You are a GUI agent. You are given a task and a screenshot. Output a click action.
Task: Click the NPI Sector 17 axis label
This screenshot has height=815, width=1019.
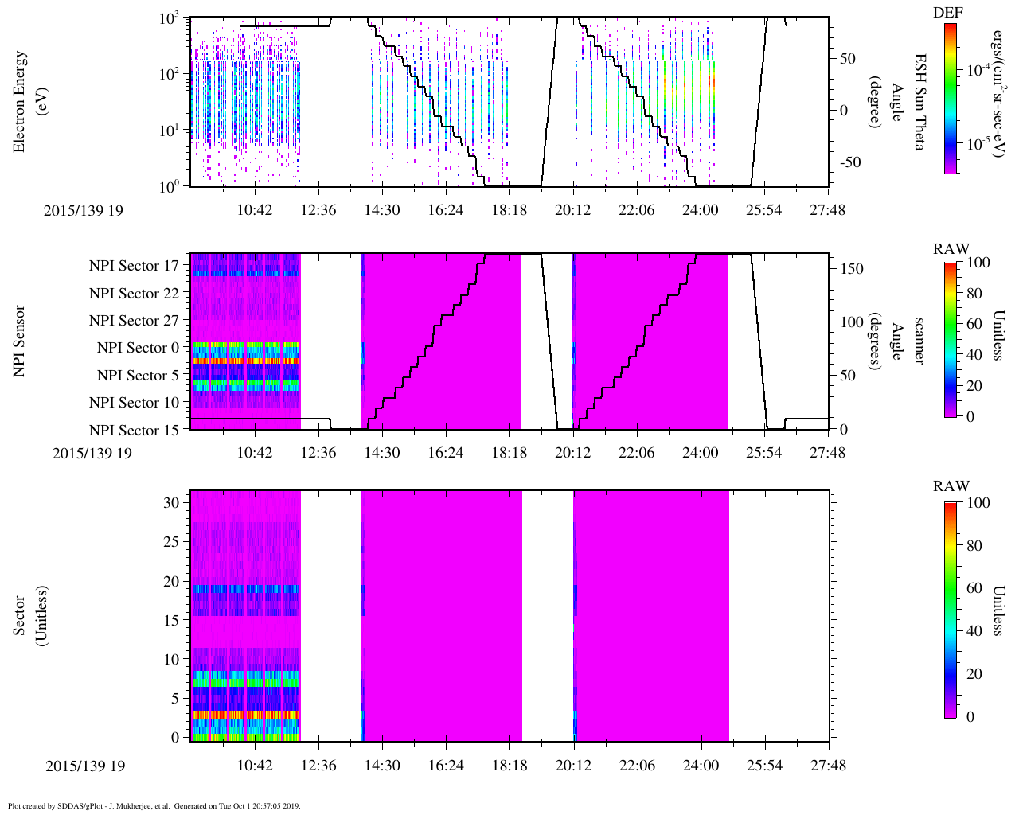pos(134,266)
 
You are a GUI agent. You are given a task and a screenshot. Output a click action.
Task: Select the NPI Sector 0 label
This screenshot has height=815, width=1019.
pos(139,348)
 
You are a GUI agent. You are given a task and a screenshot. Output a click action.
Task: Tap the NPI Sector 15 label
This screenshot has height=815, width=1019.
pos(134,431)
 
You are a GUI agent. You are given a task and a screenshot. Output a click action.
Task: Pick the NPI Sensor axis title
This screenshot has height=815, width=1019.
pos(20,341)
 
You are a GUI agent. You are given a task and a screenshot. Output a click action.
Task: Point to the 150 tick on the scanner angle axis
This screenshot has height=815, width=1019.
pos(853,269)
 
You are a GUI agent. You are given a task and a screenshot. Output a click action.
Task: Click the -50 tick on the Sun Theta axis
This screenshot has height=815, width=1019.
pos(851,162)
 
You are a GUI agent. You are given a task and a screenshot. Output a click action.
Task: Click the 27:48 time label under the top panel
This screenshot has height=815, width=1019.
pos(828,210)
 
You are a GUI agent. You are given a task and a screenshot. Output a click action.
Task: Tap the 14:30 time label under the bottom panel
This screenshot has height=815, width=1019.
pos(382,766)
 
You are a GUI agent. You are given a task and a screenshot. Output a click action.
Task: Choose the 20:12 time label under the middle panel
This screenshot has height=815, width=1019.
pos(573,453)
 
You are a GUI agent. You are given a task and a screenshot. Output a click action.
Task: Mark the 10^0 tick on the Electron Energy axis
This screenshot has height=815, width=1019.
pos(170,185)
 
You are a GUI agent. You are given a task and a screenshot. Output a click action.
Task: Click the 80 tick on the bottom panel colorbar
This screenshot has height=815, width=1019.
pos(978,546)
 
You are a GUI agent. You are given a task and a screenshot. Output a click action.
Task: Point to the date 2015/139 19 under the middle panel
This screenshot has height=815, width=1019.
pos(92,454)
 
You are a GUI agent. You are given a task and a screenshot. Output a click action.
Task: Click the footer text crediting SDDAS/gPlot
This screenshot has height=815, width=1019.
pos(154,805)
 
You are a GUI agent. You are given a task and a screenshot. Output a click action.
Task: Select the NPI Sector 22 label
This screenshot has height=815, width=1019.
pos(134,294)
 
